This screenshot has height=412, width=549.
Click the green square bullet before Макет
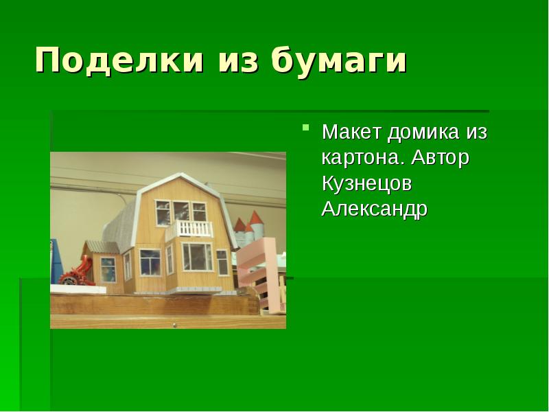pyautogui.click(x=306, y=128)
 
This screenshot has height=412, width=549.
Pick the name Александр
pyautogui.click(x=374, y=209)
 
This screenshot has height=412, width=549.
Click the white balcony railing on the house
pyautogui.click(x=190, y=229)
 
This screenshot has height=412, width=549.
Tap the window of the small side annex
pyautogui.click(x=108, y=268)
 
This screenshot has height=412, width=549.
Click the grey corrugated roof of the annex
pyautogui.click(x=102, y=247)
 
